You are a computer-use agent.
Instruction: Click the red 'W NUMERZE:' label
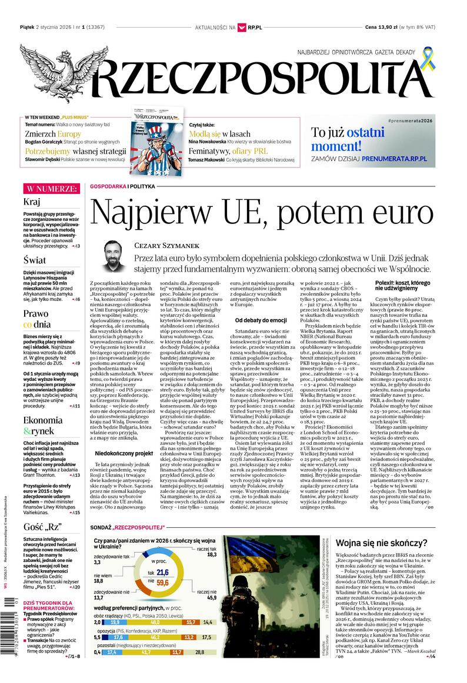[x=51, y=189]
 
